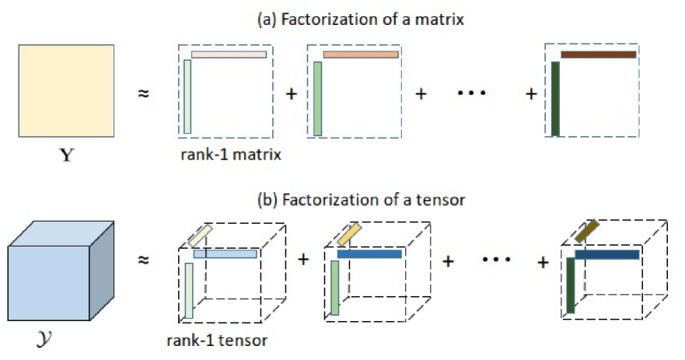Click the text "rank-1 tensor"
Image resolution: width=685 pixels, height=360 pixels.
217,340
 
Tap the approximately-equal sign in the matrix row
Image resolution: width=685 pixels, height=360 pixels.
143,93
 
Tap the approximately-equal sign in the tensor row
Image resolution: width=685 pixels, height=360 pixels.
143,262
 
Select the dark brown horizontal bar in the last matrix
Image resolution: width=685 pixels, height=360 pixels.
598,54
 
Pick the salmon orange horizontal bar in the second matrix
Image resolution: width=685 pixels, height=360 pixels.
361,54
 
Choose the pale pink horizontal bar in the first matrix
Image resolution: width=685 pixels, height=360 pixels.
229,54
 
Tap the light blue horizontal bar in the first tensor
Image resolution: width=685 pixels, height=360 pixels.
225,254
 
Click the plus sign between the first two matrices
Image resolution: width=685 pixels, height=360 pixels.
292,94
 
